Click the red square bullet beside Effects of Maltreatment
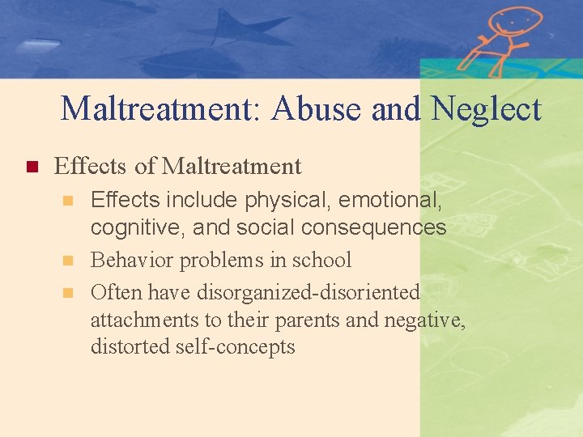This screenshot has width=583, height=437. coord(32,168)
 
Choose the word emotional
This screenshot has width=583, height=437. coord(398,199)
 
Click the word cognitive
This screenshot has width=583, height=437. coord(137,228)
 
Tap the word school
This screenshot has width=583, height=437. coord(324,261)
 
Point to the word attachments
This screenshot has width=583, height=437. coord(143,320)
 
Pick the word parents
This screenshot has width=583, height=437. coord(309,320)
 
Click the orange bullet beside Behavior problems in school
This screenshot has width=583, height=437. coord(70,261)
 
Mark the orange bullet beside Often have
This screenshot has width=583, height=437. coord(70,292)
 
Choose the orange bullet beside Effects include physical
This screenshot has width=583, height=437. coord(70,200)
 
